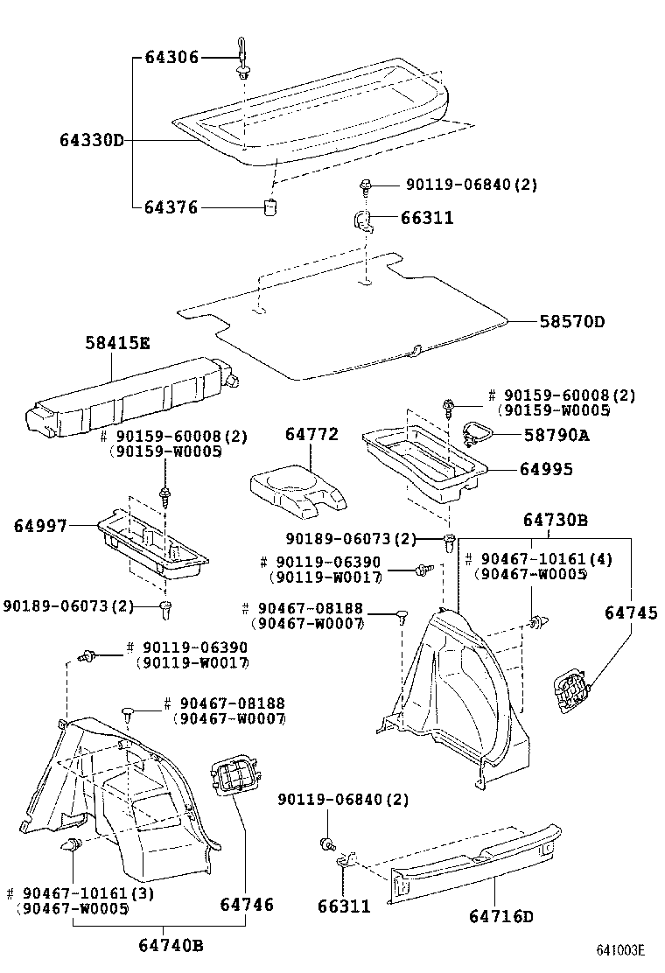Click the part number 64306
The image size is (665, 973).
[x=171, y=58]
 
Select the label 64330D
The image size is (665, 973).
[x=92, y=140]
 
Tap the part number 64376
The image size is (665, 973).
[x=171, y=207]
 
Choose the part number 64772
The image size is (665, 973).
[x=311, y=434]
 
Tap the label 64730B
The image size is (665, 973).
[x=555, y=521]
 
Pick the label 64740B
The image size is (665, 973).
[x=171, y=945]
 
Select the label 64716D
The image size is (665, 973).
[x=500, y=916]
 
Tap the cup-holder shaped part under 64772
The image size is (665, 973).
[x=297, y=490]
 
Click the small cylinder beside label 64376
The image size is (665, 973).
[x=272, y=207]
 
